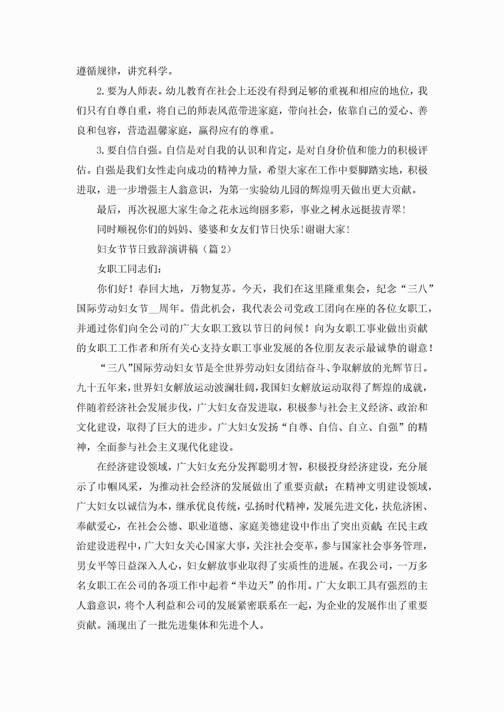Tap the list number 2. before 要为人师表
point(101,91)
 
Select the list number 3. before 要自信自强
point(101,150)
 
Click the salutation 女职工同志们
point(127,269)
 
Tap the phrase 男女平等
point(97,566)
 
